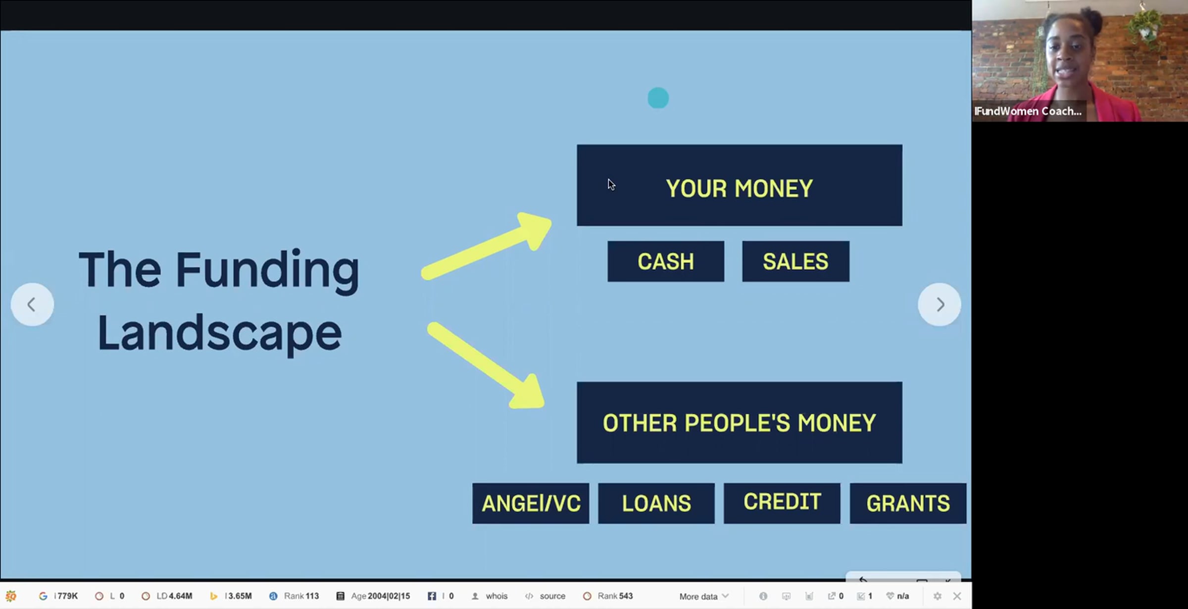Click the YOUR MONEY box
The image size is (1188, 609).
pos(740,185)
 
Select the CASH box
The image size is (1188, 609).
pos(666,261)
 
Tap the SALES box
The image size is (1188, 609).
pos(795,261)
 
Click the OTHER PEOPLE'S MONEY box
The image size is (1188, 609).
pos(740,422)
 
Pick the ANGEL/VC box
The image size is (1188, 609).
pos(531,503)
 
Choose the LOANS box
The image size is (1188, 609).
pos(656,503)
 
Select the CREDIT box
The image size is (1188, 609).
pos(782,503)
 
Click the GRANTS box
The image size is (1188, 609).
pos(908,503)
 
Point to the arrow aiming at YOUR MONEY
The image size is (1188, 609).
pos(487,246)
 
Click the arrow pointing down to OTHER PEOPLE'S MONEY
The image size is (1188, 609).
pos(486,365)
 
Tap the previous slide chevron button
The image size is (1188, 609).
pos(32,304)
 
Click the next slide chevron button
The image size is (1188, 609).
pos(940,304)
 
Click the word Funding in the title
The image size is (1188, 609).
pos(267,270)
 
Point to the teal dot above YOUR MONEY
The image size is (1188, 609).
pos(658,98)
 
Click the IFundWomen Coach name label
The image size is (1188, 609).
pos(1028,111)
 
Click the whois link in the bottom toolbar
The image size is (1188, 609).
pos(496,596)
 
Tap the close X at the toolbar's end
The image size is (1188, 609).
pos(957,596)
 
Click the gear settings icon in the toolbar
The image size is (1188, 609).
pos(937,596)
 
